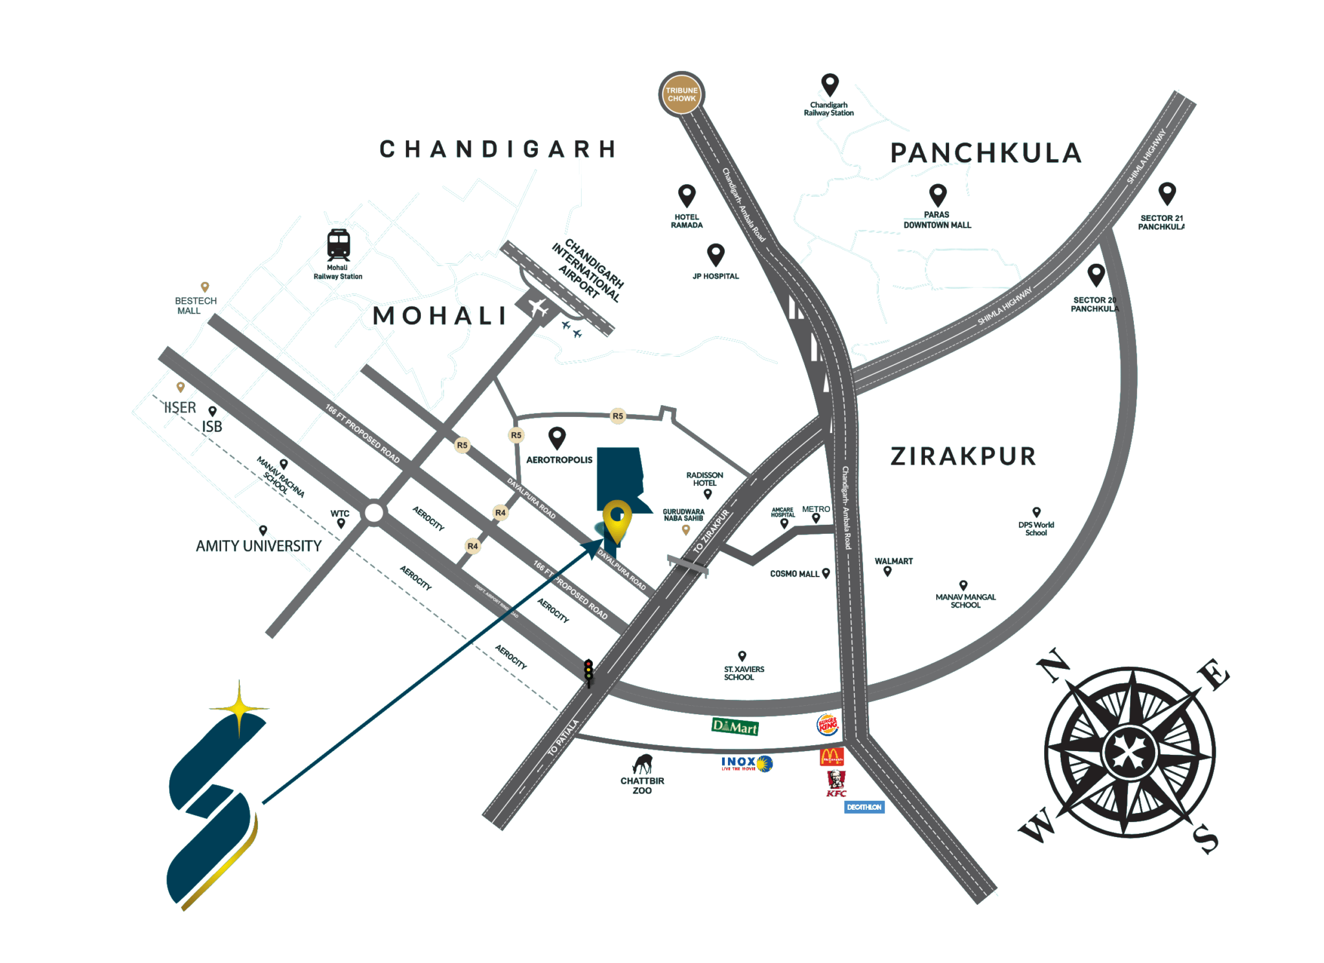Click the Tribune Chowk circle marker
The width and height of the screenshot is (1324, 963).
(x=681, y=94)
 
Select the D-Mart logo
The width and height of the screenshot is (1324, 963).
(x=735, y=727)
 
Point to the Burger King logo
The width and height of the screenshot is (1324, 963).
(x=828, y=725)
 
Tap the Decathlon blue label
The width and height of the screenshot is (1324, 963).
(x=864, y=807)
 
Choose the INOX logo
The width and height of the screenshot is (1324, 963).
(x=747, y=764)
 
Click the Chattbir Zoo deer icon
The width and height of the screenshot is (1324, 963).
(x=643, y=764)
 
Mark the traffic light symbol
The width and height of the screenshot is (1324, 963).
(x=588, y=672)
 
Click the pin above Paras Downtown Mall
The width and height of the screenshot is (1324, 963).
(x=937, y=195)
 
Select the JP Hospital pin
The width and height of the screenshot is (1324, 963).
(x=716, y=255)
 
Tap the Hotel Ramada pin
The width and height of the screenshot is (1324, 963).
(x=687, y=195)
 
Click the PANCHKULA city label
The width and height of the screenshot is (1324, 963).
(x=986, y=154)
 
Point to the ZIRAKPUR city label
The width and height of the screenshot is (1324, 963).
(x=963, y=456)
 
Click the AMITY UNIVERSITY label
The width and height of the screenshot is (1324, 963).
(x=259, y=546)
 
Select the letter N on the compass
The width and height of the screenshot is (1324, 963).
(x=1052, y=665)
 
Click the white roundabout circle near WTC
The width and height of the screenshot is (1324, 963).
(x=374, y=513)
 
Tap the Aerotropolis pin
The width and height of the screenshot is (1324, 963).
(x=557, y=438)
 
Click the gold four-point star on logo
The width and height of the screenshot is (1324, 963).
(x=240, y=708)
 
